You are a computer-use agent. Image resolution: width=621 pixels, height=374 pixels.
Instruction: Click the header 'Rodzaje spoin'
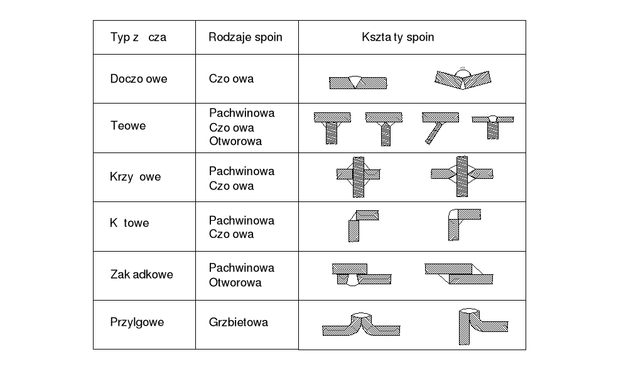point(246,37)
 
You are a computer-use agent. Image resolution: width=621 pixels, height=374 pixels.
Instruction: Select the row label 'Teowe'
point(128,126)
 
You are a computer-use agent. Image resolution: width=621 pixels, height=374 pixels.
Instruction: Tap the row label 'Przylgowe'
point(137,322)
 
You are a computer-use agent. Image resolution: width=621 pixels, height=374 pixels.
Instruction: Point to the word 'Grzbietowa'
point(239,322)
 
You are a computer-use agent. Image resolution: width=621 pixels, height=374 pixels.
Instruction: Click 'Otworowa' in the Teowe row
point(235,141)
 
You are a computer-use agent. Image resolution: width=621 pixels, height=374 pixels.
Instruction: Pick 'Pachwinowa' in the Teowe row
point(242,113)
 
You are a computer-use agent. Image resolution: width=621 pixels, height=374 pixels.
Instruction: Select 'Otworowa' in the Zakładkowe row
point(235,282)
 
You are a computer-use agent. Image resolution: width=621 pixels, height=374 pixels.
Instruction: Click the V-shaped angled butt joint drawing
point(463,78)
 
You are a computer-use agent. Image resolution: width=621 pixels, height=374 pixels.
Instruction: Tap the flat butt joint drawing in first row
point(357,82)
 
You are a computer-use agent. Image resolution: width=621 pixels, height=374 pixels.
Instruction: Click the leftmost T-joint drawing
point(332,127)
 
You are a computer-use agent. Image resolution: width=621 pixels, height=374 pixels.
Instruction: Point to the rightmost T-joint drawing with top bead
point(493,126)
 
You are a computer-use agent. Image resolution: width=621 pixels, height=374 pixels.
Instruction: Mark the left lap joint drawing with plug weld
point(360,274)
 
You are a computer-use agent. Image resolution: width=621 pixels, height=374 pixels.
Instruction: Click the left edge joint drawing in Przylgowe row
point(361,324)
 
